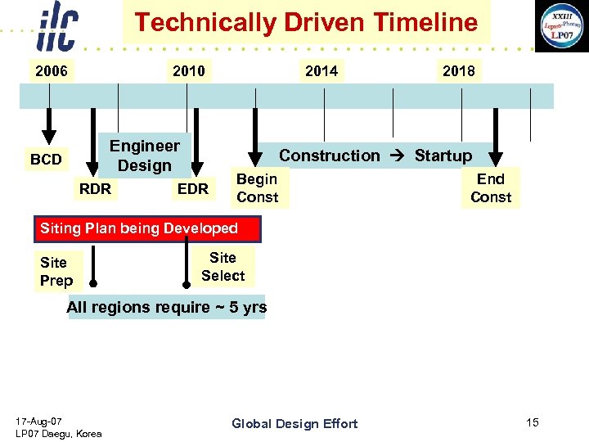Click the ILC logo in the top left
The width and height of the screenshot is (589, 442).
pyautogui.click(x=57, y=28)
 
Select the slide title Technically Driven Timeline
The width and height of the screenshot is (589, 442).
pyautogui.click(x=306, y=22)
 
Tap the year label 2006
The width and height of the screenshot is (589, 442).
pyautogui.click(x=51, y=71)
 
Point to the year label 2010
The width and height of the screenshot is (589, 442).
pyautogui.click(x=189, y=71)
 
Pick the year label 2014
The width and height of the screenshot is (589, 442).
pyautogui.click(x=321, y=71)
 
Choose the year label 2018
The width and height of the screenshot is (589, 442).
pyautogui.click(x=458, y=71)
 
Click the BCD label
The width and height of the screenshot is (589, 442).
pyautogui.click(x=46, y=160)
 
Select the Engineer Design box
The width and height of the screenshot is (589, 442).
pyautogui.click(x=145, y=156)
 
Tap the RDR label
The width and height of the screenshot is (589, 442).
pyautogui.click(x=95, y=189)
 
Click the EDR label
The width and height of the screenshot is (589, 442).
pyautogui.click(x=193, y=189)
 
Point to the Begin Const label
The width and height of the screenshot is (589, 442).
pyautogui.click(x=257, y=188)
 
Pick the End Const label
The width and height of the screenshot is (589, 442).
pyautogui.click(x=491, y=188)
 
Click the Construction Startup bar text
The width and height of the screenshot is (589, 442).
pyautogui.click(x=375, y=156)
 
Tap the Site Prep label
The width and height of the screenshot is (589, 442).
pyautogui.click(x=56, y=272)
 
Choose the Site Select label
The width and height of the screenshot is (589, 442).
pyautogui.click(x=223, y=267)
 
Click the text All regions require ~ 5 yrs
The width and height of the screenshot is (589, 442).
pyautogui.click(x=166, y=308)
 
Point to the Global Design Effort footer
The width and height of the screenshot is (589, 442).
pyautogui.click(x=294, y=423)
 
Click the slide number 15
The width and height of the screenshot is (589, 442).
pyautogui.click(x=533, y=422)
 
